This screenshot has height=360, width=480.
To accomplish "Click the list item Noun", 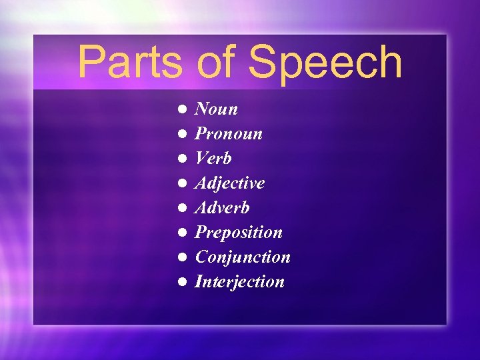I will pyautogui.click(x=216, y=109).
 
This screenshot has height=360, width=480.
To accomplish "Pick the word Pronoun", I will pyautogui.click(x=228, y=134).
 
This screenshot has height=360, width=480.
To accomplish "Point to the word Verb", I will pyautogui.click(x=213, y=159).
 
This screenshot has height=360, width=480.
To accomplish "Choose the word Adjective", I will pyautogui.click(x=229, y=183).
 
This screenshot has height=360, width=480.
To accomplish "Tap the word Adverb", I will pyautogui.click(x=222, y=208).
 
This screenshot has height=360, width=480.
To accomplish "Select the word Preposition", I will pyautogui.click(x=238, y=233).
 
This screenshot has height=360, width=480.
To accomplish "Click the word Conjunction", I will pyautogui.click(x=242, y=257).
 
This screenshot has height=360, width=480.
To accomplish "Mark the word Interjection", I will pyautogui.click(x=239, y=282).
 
